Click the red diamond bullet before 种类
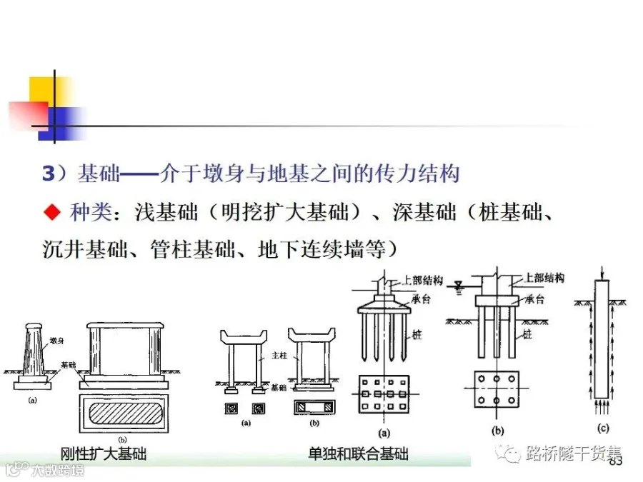51,212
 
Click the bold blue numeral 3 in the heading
49,174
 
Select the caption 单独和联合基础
358,453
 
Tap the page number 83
616,462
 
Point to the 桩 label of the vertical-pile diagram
527,333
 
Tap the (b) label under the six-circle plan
498,430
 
